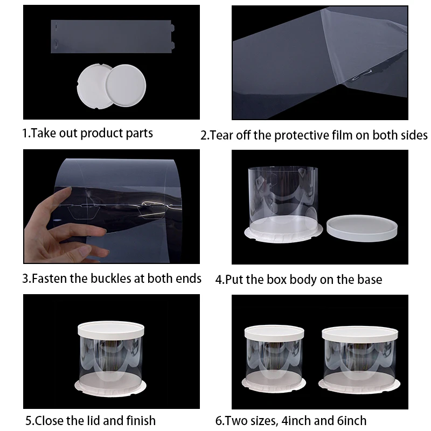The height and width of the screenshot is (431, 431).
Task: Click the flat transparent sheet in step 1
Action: coord(113,35)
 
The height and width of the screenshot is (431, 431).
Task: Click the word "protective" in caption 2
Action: coord(300,135)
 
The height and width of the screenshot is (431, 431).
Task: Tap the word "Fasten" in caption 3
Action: coord(49,279)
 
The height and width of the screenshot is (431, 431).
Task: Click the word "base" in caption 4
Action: coord(369,280)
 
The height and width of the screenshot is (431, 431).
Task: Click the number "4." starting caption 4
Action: coord(220,280)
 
